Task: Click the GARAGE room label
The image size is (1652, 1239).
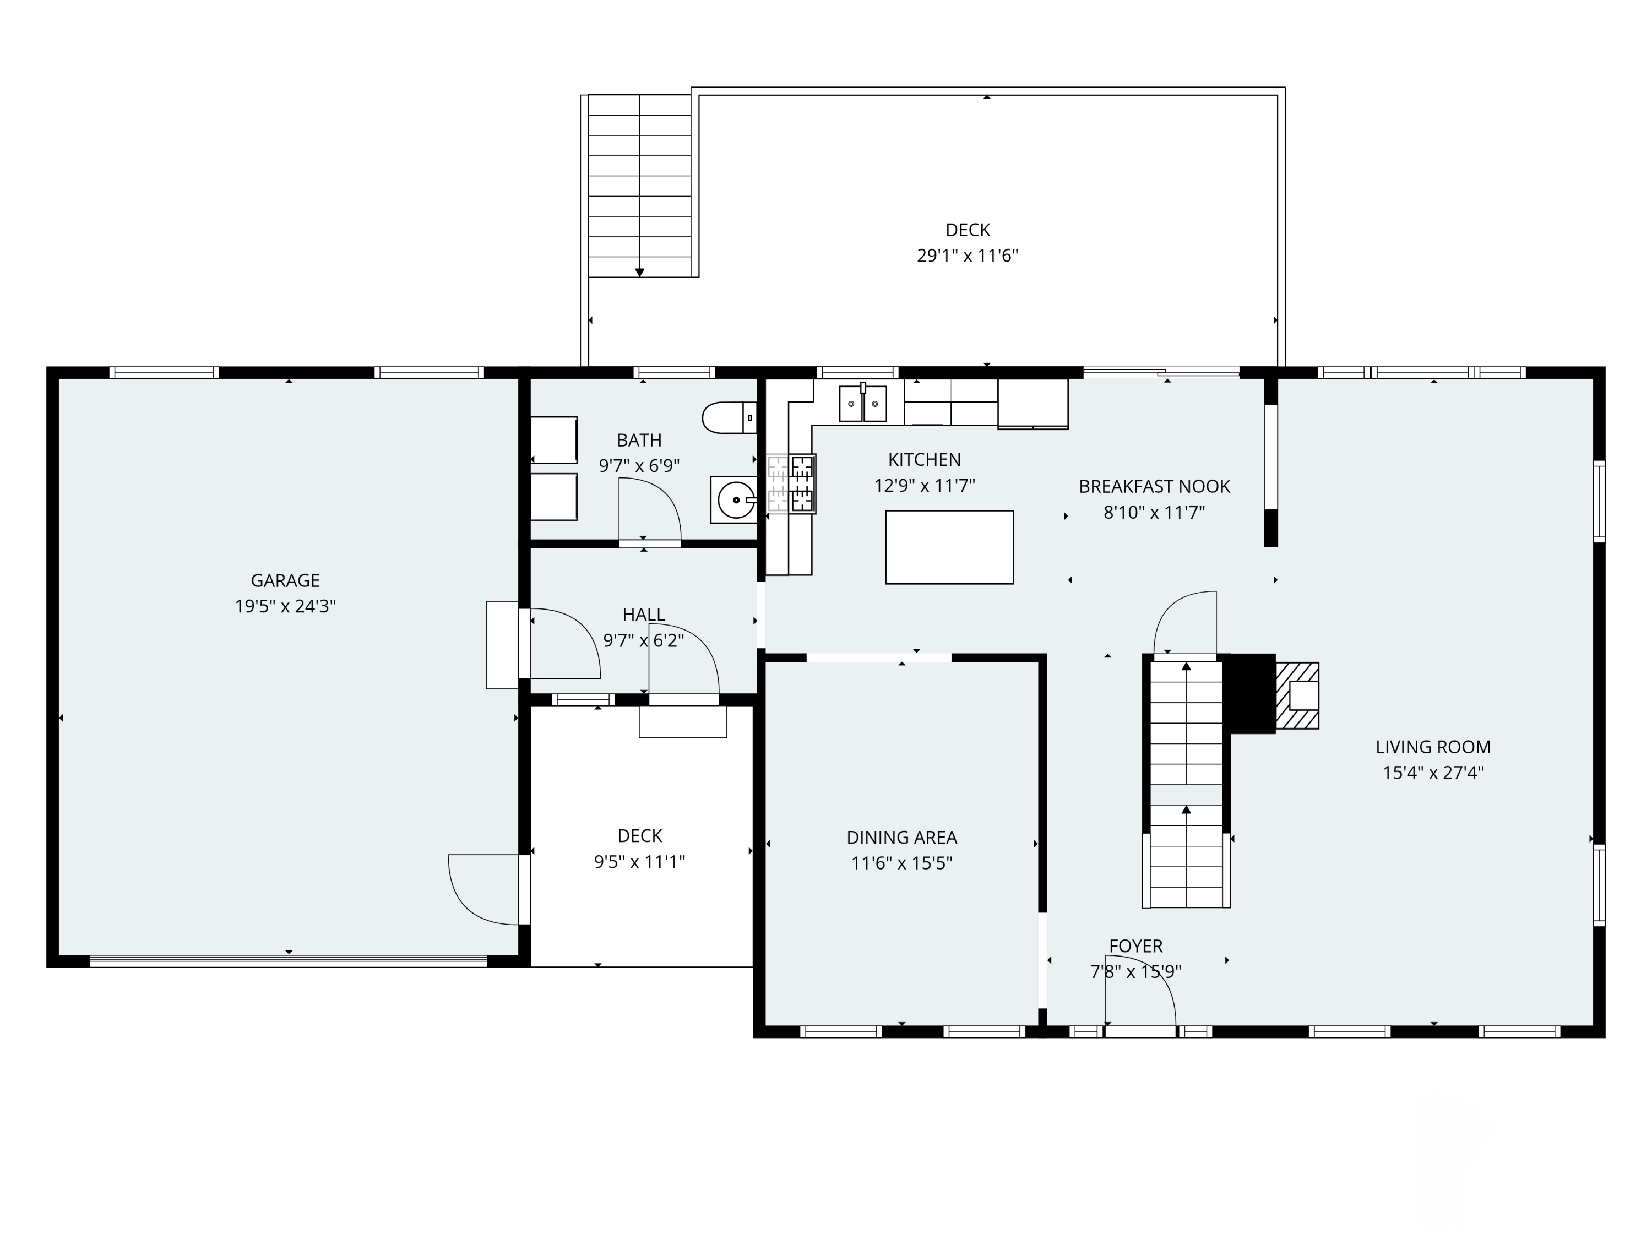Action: [285, 580]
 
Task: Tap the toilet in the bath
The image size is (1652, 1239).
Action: [730, 417]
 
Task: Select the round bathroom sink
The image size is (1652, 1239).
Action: [736, 499]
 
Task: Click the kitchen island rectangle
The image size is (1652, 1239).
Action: [949, 547]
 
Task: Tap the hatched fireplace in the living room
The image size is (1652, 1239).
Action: [1297, 695]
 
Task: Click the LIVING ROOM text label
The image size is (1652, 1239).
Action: [1433, 747]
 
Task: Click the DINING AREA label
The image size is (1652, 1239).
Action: [901, 837]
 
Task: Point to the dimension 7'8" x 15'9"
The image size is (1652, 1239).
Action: [1135, 971]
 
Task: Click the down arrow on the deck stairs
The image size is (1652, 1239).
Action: [639, 273]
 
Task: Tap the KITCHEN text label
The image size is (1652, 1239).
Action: [925, 459]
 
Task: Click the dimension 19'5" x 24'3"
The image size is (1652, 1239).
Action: [285, 606]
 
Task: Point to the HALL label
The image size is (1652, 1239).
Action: [644, 615]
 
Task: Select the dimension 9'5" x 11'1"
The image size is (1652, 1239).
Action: [639, 862]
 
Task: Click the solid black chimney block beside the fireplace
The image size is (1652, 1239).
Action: [1252, 694]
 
